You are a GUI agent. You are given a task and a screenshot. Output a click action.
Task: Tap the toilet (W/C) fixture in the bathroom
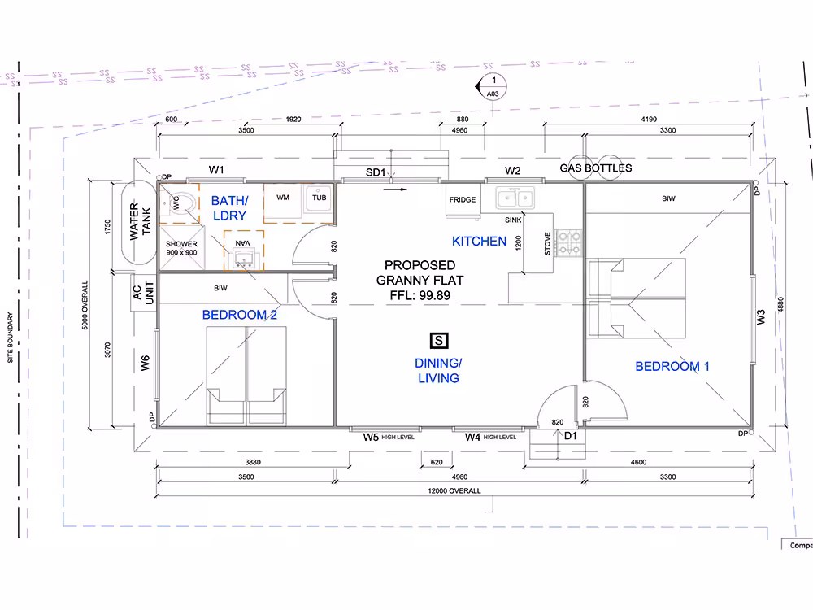pyautogui.click(x=180, y=203)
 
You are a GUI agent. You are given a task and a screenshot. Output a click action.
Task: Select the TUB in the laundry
pyautogui.click(x=319, y=198)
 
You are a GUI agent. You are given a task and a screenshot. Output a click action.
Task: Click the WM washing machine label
pyautogui.click(x=283, y=197)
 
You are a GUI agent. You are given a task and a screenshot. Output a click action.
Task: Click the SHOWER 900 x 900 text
pyautogui.click(x=181, y=248)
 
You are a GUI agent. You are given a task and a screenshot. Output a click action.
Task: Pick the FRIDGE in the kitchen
pyautogui.click(x=463, y=200)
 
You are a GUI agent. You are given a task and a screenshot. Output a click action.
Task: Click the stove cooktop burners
pyautogui.click(x=569, y=243)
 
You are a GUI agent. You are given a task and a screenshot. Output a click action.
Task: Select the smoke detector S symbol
pyautogui.click(x=439, y=341)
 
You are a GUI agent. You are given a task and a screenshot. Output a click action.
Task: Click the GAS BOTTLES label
pyautogui.click(x=596, y=168)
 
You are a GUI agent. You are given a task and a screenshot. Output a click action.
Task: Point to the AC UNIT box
pyautogui.click(x=143, y=293)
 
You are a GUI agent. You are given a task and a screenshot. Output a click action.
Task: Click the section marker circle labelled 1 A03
pyautogui.click(x=493, y=87)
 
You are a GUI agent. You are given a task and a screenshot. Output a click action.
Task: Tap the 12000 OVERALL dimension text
pyautogui.click(x=454, y=490)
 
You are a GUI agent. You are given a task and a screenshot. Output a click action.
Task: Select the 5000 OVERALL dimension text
pyautogui.click(x=85, y=305)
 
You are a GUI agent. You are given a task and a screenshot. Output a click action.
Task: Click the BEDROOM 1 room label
pyautogui.click(x=672, y=366)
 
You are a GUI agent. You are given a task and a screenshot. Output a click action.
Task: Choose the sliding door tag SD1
pyautogui.click(x=376, y=172)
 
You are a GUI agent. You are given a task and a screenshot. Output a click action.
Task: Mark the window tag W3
pyautogui.click(x=761, y=317)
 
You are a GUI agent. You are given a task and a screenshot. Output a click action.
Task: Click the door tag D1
pyautogui.click(x=571, y=436)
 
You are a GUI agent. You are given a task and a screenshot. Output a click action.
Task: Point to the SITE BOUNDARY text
pyautogui.click(x=11, y=338)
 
